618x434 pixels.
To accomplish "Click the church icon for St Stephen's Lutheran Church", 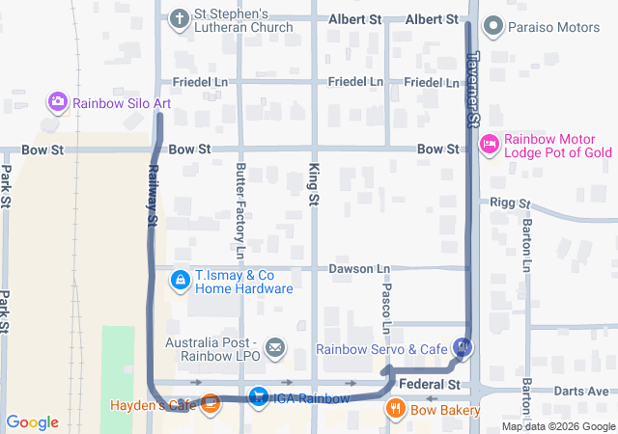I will point(179,19).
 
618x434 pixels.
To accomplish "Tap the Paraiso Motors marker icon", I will point(493,26).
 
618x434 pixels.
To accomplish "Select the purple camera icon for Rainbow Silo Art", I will point(57,100).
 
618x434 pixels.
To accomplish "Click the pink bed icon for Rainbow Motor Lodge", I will point(489,144).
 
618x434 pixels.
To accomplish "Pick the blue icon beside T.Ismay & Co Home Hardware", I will point(180,281).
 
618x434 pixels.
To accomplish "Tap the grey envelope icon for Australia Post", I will point(274,347).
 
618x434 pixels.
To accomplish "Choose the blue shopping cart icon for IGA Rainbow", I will point(258,396).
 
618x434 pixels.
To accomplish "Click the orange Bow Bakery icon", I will point(395,410).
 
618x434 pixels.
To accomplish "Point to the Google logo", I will point(32,422).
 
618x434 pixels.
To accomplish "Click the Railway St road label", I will point(153,195).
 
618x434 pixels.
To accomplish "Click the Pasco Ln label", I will point(384,303).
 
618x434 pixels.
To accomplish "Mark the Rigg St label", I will point(511,203).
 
